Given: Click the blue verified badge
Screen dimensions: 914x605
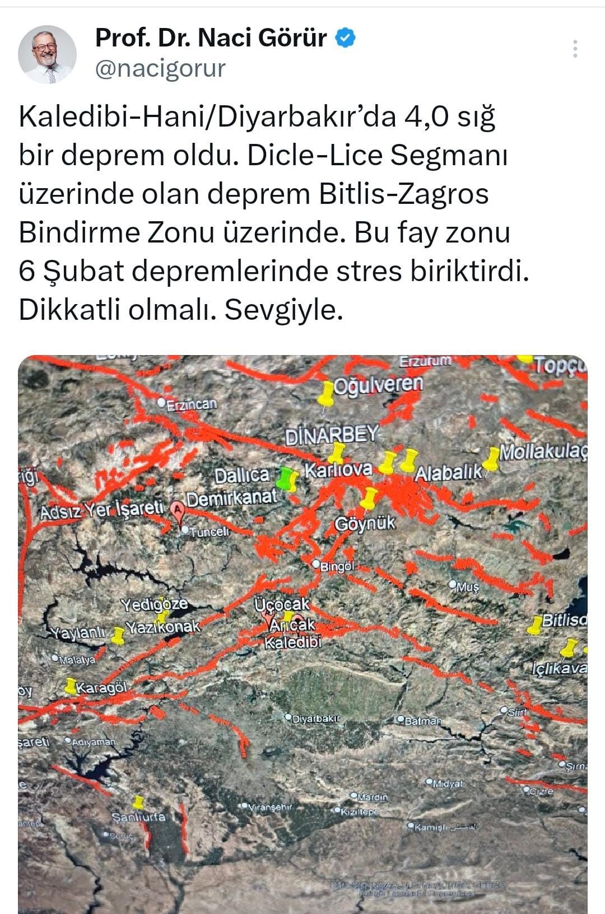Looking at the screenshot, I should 345,38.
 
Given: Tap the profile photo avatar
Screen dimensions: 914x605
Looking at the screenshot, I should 47,54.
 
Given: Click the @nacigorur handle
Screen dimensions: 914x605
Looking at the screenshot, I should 160,69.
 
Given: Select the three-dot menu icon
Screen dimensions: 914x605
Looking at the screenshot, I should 575,49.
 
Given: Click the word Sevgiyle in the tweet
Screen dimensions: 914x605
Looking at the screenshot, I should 283,310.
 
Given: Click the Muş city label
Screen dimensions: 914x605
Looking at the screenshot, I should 468,587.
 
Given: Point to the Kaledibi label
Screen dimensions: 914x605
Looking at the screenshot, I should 293,642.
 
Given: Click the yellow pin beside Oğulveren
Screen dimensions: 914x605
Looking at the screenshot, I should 325,393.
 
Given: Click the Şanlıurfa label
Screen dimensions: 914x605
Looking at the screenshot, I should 139,817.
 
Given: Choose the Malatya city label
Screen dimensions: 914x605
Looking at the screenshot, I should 77,660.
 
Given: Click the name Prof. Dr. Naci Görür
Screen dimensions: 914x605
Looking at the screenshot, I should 211,38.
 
